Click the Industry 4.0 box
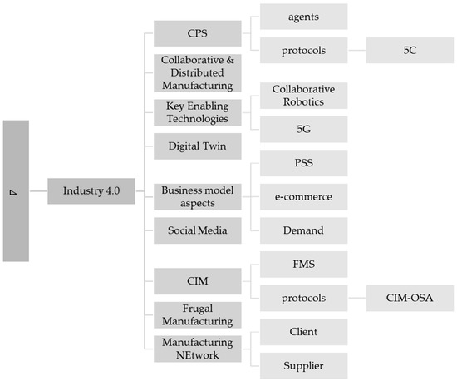[x=91, y=191]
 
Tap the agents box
[x=303, y=17]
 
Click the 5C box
[x=410, y=51]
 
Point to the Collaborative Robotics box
[x=303, y=96]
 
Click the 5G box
[x=303, y=129]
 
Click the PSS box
[x=303, y=164]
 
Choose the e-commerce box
[x=303, y=197]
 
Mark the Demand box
[x=303, y=230]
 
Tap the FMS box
[x=303, y=265]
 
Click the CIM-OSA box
[x=410, y=298]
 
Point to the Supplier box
[x=303, y=365]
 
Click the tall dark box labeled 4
[x=16, y=191]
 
